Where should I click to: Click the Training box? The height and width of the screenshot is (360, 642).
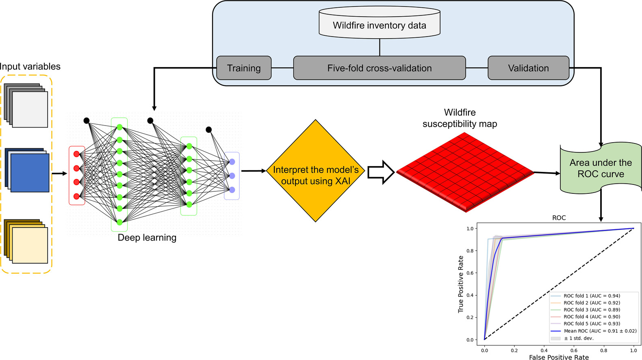(x=244, y=68)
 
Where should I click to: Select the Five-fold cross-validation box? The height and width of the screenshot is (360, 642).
(x=379, y=68)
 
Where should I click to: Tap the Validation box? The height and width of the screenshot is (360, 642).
(x=528, y=68)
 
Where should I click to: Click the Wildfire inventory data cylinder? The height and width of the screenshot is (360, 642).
(x=380, y=23)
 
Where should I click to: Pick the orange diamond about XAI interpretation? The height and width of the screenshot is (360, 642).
(x=316, y=171)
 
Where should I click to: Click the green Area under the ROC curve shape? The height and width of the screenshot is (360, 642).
(x=601, y=168)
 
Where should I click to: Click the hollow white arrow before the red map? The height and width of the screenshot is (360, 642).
(x=381, y=172)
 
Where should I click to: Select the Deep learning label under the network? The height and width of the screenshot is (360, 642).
(x=147, y=238)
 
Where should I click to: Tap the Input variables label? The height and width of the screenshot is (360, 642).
(x=30, y=67)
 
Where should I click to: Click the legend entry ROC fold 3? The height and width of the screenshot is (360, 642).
(x=591, y=310)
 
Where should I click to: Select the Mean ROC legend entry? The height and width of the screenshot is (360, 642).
(x=599, y=331)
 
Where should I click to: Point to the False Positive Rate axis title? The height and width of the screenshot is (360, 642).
(x=559, y=357)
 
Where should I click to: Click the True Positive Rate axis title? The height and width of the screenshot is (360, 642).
(x=461, y=284)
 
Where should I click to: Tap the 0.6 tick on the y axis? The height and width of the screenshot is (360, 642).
(x=470, y=273)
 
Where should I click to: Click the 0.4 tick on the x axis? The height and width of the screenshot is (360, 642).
(x=544, y=350)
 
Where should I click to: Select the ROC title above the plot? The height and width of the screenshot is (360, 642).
(x=559, y=218)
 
